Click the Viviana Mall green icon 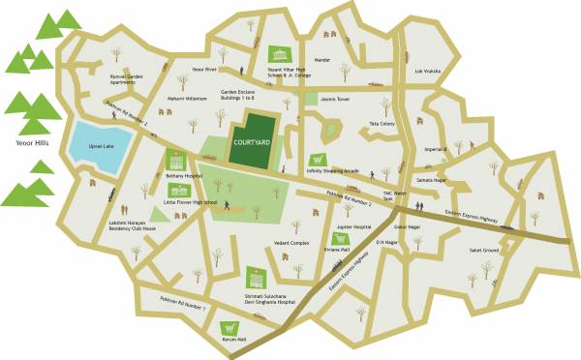click(x=339, y=238)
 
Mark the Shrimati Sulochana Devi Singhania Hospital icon click(x=256, y=278)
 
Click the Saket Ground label click(x=483, y=251)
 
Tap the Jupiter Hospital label click(x=354, y=226)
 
